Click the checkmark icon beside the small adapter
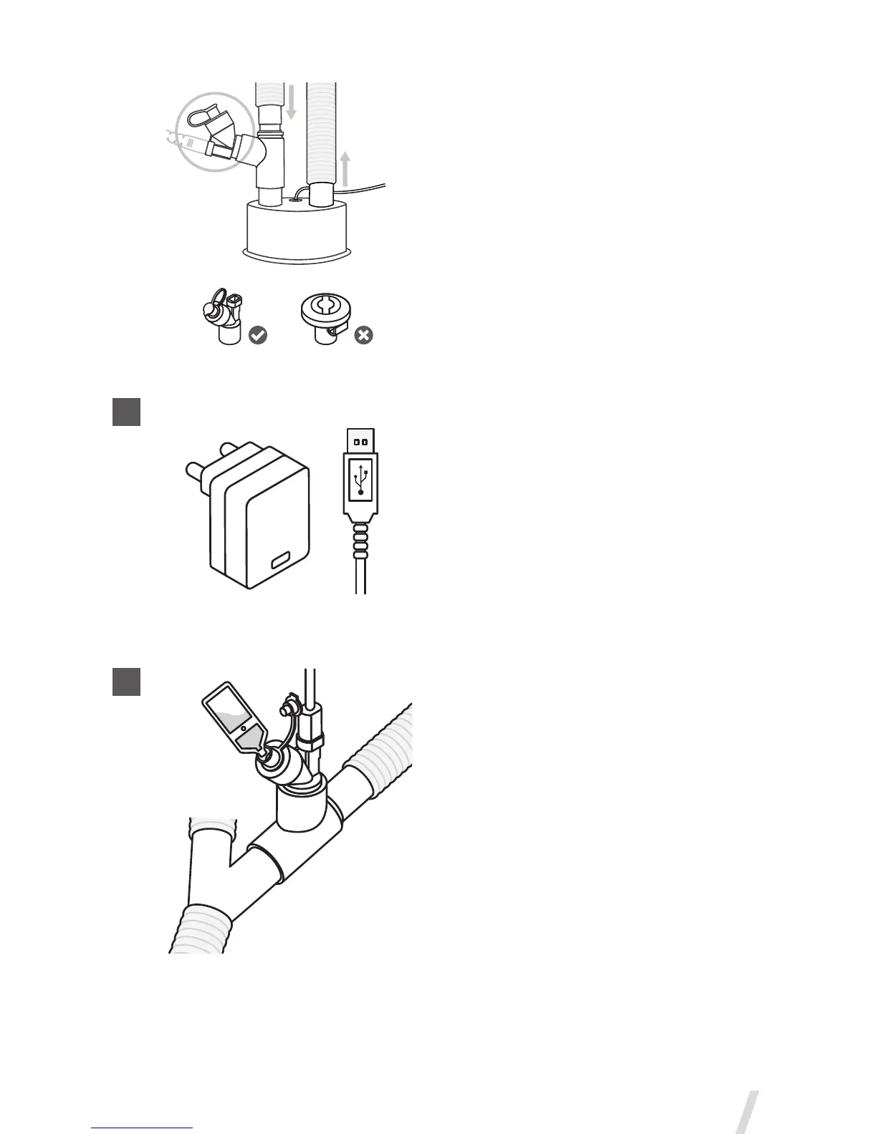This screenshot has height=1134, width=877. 257,334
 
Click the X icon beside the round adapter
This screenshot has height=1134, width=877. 364,334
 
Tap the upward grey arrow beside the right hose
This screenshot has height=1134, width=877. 345,168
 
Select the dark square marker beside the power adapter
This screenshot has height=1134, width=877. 126,412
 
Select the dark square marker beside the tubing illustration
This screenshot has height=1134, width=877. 126,681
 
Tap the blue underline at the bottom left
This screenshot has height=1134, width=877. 143,1128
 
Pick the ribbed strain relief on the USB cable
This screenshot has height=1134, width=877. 360,541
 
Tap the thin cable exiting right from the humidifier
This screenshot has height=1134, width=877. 365,188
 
